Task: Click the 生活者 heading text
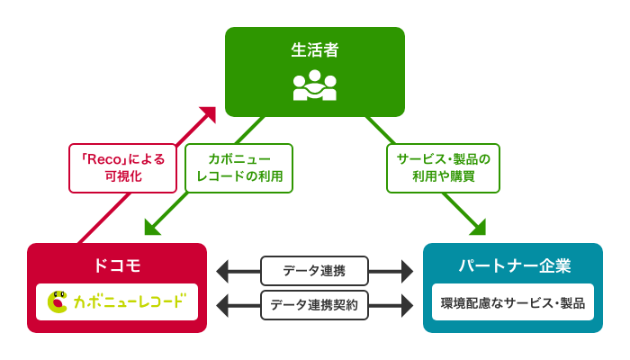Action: (x=315, y=50)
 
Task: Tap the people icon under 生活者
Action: (x=315, y=85)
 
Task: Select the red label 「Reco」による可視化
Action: (x=123, y=168)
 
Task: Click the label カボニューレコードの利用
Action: (x=239, y=168)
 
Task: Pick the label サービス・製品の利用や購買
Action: (x=443, y=168)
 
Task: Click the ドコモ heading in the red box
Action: (x=117, y=265)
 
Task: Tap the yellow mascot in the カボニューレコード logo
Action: (x=58, y=301)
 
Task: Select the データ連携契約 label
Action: (x=314, y=305)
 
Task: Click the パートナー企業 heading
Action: (x=513, y=265)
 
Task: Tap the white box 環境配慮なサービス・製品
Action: (x=513, y=302)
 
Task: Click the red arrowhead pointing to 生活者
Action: (x=209, y=113)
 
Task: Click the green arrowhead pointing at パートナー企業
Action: (x=478, y=228)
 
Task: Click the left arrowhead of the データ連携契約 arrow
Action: (x=223, y=305)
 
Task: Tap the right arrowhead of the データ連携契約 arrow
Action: (x=407, y=305)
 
